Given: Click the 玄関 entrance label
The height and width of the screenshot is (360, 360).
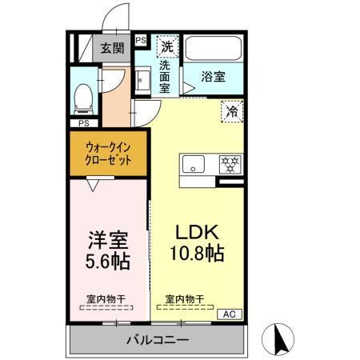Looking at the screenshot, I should pos(112,48).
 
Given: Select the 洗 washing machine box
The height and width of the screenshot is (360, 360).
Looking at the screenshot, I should pos(167,46).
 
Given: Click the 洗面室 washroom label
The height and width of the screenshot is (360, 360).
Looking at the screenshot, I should pos(165,77).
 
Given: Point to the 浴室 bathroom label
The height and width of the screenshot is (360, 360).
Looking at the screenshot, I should pos(213,78).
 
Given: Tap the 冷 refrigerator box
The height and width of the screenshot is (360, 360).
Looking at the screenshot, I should pos(232,111).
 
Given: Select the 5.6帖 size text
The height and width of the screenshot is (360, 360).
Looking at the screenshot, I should pos(107,261).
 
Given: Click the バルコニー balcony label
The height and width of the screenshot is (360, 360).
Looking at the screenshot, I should pos(158,340).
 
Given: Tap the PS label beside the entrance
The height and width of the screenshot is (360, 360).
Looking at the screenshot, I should pos(141,40).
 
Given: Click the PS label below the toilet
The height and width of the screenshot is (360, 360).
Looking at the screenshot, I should pos(83,123).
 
